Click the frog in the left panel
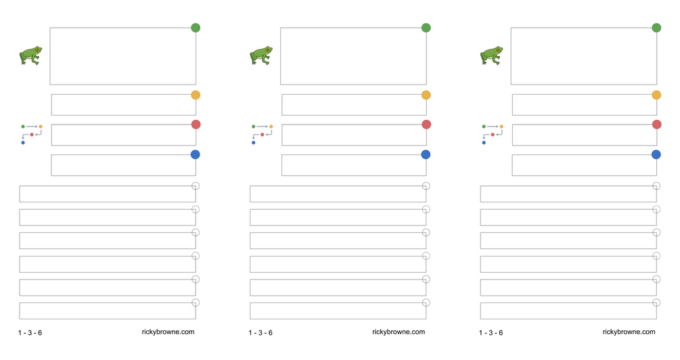pos(30,55)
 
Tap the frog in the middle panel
pos(261,55)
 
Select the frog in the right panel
pos(492,55)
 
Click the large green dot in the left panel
pos(196,28)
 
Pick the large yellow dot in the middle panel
pos(426,95)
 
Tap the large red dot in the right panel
pos(656,125)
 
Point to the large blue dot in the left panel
pos(196,154)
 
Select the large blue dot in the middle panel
pos(426,154)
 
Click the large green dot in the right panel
pos(656,28)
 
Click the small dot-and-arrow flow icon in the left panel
pos(32,133)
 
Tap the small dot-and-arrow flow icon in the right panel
pos(493,133)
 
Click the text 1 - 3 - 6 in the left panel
pos(30,333)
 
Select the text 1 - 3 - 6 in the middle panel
pos(260,333)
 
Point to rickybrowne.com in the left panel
pos(168,332)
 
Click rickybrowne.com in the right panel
pos(629,332)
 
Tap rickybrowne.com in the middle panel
pos(399,332)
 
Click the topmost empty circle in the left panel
pos(196,186)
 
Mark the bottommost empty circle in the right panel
pos(656,302)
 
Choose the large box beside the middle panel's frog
pos(353,55)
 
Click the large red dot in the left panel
pos(196,125)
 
